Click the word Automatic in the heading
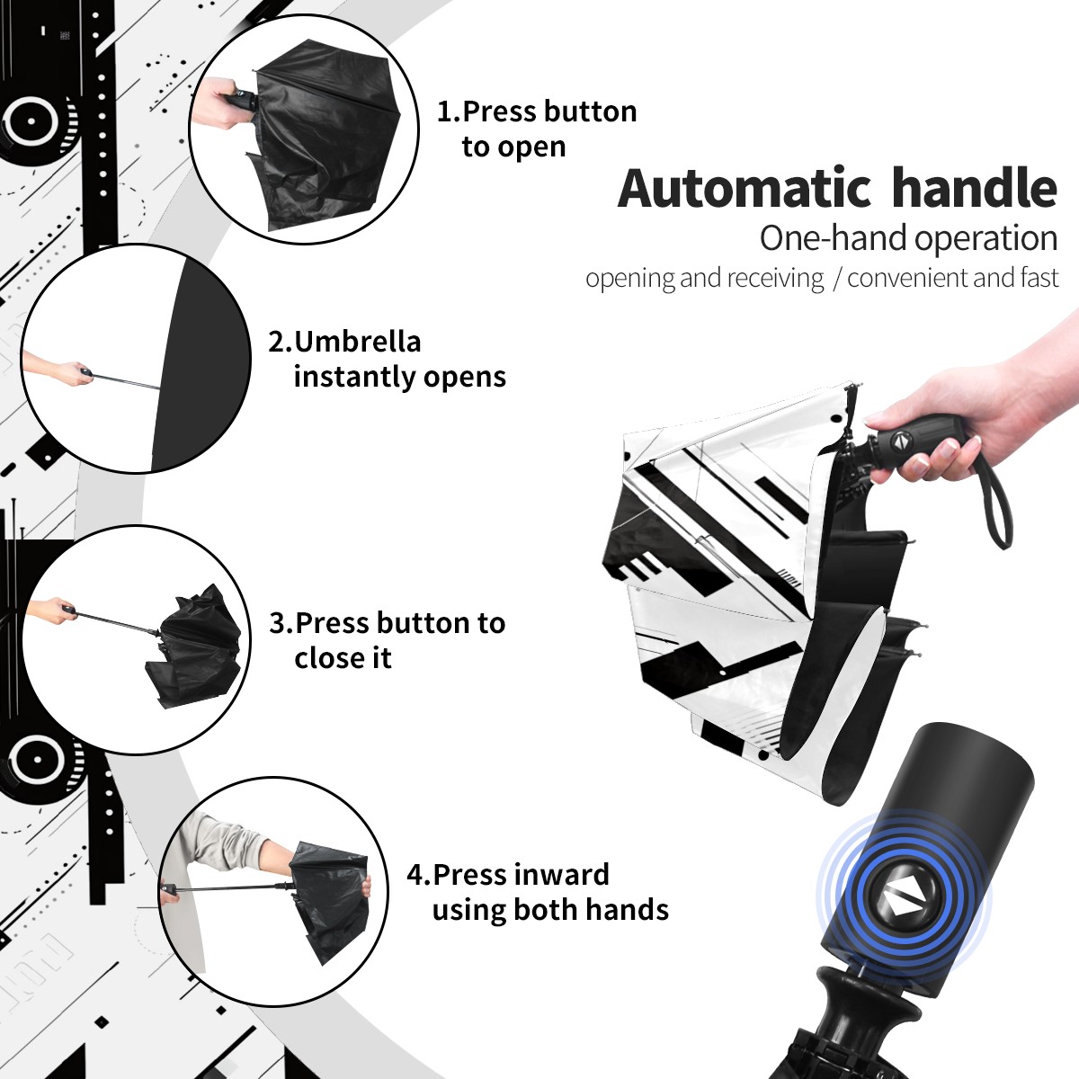(x=745, y=188)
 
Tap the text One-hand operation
(x=908, y=238)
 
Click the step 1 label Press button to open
(x=537, y=129)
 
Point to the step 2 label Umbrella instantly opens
(x=387, y=359)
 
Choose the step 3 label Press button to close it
(x=387, y=640)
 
